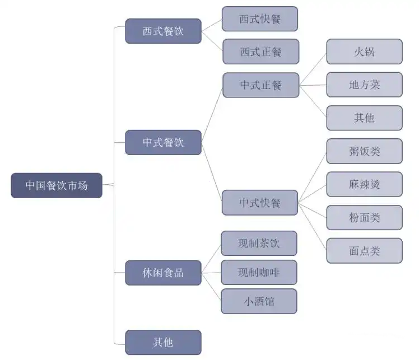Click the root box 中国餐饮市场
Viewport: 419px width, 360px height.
[x=57, y=185]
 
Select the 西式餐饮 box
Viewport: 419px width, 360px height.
[x=163, y=31]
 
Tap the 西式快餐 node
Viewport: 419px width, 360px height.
[x=259, y=19]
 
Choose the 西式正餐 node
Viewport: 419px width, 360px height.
[x=260, y=52]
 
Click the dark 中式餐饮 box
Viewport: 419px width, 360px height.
[x=163, y=142]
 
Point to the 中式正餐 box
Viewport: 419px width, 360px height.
[x=260, y=85]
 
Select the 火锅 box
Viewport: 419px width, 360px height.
[x=364, y=52]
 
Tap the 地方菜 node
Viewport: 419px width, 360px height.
[x=364, y=85]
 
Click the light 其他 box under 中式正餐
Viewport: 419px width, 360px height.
[x=364, y=118]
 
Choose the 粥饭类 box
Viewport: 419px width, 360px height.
[x=364, y=151]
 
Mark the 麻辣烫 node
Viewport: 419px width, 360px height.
[x=364, y=184]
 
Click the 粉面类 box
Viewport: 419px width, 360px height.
[x=364, y=217]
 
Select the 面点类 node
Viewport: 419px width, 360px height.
[x=364, y=250]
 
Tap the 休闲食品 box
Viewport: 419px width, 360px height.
[x=163, y=273]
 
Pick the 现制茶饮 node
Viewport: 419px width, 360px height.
[x=259, y=243]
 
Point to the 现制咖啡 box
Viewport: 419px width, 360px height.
[x=259, y=272]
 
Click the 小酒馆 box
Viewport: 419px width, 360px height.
[x=259, y=301]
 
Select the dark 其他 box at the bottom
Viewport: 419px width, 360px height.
[x=163, y=342]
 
